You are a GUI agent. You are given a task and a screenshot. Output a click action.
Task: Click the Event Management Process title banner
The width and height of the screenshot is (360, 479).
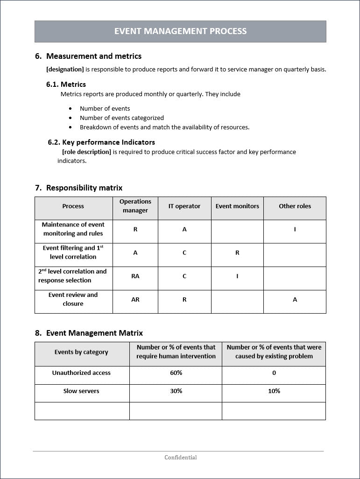point(180,31)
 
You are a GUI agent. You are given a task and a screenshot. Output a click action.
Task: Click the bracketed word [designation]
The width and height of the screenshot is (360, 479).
point(65,70)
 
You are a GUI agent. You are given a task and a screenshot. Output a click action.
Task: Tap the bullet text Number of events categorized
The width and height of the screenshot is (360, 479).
point(121,118)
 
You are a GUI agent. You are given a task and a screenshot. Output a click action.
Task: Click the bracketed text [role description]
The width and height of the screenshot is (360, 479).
point(86,152)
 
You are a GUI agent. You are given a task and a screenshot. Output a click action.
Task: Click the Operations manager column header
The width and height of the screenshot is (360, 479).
point(135,206)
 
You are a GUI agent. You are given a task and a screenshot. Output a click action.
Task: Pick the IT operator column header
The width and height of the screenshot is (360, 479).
point(184,206)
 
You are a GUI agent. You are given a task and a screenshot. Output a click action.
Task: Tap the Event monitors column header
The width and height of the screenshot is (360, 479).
point(237,206)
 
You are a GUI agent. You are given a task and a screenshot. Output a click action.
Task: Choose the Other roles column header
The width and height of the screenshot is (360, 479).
point(295,206)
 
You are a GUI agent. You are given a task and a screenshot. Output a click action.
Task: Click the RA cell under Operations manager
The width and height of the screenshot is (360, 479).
point(135,276)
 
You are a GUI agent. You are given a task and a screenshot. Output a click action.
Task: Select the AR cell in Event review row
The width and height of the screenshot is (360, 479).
point(135,299)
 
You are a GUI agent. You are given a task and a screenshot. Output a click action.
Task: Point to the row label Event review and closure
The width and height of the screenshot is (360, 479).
point(73,299)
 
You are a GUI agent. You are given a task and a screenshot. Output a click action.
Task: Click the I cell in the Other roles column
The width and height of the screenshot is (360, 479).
point(295,229)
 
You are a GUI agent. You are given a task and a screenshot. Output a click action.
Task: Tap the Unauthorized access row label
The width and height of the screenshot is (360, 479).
point(81,373)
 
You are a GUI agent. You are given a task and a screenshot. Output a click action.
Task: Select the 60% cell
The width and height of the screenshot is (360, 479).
point(176,373)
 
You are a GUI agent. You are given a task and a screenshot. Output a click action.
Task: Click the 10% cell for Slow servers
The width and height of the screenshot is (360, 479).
point(274,391)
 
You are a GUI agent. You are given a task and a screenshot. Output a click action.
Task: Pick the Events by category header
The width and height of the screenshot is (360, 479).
point(81,352)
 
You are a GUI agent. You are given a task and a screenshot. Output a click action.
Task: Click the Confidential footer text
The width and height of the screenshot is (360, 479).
point(180,458)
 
